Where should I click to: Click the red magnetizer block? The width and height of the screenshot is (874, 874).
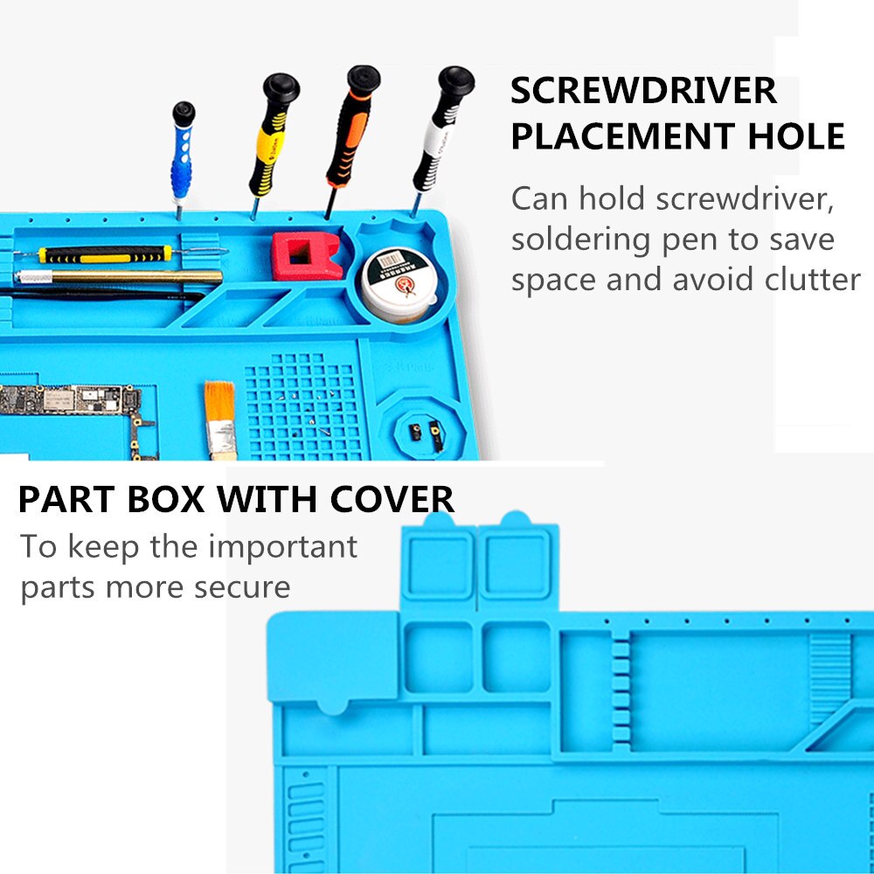306,256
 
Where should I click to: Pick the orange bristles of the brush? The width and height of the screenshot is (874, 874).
219,401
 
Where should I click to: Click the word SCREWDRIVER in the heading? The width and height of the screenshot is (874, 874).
644,91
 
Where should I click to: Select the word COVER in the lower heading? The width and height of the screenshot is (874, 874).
392,499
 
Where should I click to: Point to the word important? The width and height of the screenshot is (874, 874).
282,547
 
